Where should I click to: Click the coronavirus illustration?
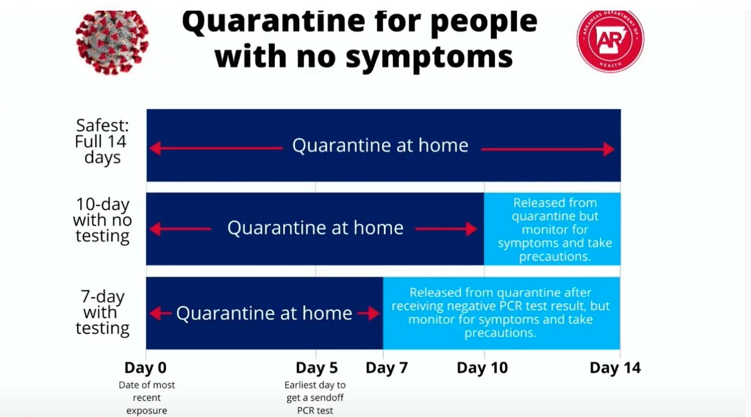(112, 41)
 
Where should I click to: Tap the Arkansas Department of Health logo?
(610, 41)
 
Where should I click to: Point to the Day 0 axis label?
(146, 368)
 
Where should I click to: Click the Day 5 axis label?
(317, 368)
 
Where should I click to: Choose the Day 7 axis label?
(387, 368)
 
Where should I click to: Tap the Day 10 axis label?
(482, 368)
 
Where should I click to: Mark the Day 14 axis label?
(615, 368)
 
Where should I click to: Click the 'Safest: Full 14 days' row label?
(101, 142)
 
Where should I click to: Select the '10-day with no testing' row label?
(102, 221)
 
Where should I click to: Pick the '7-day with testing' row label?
(103, 312)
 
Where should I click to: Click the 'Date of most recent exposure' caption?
(147, 398)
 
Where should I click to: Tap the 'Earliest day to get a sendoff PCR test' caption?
(316, 398)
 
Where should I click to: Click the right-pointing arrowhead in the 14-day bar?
(608, 149)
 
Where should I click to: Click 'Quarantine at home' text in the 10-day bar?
(316, 228)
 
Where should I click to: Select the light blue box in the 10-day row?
(552, 229)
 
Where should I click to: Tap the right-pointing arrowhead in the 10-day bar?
(471, 229)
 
